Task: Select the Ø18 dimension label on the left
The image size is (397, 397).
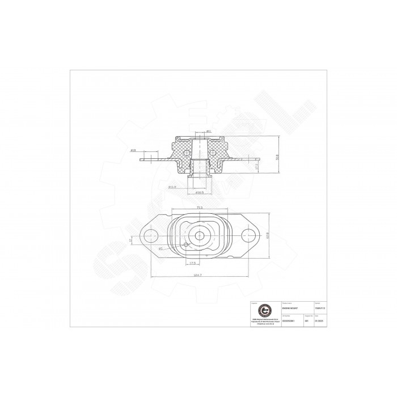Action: point(133,151)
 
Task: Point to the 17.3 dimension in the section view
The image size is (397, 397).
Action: point(256,166)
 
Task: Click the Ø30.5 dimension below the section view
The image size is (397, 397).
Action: point(199,192)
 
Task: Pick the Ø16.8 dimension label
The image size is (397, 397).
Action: point(172,187)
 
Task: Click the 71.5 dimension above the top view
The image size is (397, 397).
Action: point(199,208)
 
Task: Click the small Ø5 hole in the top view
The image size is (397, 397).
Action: point(186,245)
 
